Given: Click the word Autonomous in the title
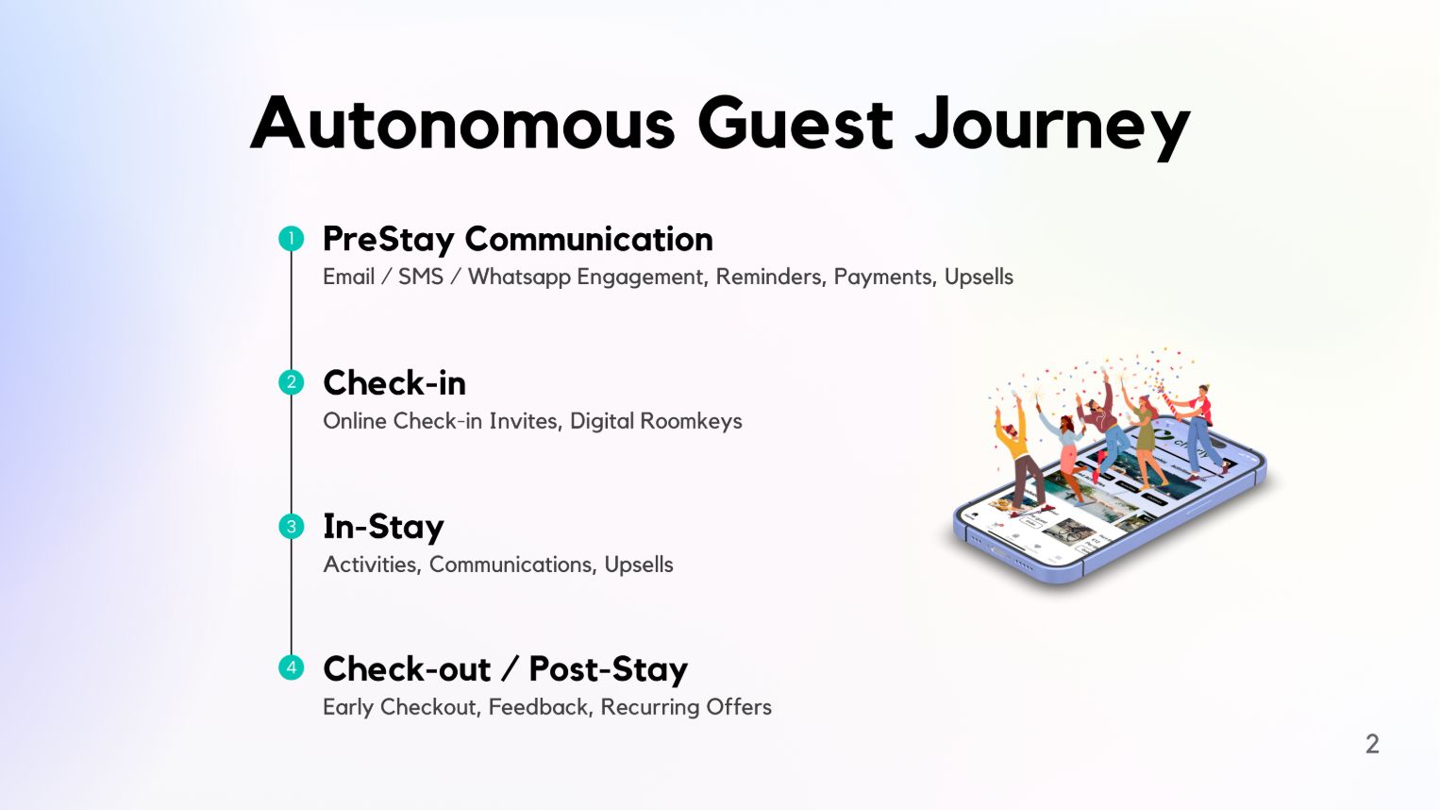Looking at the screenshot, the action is pos(462,123).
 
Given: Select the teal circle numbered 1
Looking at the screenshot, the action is pos(292,238).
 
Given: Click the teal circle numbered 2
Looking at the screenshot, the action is pos(292,382).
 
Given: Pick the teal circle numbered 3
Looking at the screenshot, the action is pos(292,526).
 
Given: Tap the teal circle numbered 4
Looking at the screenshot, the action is pos(292,667).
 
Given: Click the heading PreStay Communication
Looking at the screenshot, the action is pos(517,240).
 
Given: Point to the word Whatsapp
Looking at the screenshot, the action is pos(519,278).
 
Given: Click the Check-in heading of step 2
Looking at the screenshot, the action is pos(394,382).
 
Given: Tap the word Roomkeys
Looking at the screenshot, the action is pos(691,421).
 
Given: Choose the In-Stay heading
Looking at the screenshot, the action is pos(383,527).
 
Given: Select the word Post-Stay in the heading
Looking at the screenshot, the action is pos(608,669).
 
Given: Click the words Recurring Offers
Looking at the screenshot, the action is pos(686,707).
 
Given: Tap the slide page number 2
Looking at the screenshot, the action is pos(1372,744).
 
